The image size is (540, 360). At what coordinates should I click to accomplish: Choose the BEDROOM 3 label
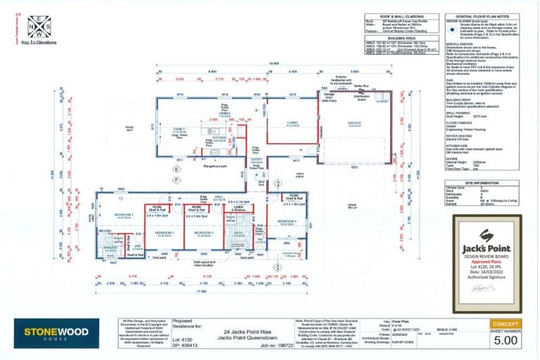[204, 231]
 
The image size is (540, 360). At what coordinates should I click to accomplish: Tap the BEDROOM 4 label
[286, 221]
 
